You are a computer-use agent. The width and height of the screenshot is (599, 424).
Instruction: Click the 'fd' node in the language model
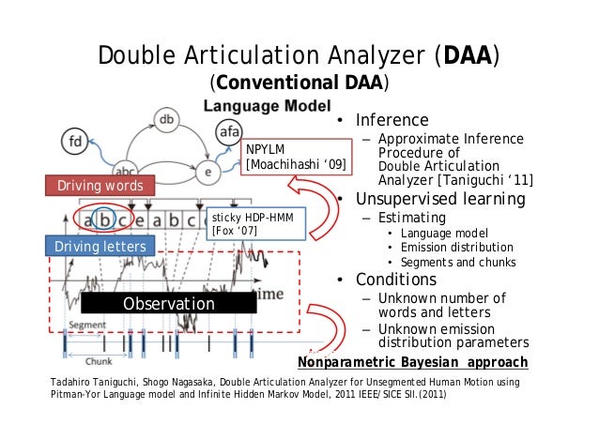click(x=75, y=144)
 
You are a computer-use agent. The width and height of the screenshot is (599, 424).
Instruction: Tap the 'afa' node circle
click(x=229, y=132)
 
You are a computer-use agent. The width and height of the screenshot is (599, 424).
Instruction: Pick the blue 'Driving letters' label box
click(x=100, y=247)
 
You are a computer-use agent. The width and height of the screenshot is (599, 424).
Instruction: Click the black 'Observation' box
click(x=168, y=304)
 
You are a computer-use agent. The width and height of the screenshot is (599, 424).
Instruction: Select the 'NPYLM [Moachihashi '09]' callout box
click(x=298, y=157)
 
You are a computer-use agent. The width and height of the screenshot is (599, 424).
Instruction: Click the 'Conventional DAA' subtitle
click(x=299, y=84)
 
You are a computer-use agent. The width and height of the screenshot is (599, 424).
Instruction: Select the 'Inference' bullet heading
click(x=392, y=120)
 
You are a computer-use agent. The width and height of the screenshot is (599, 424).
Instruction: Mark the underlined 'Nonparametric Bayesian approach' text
click(x=413, y=362)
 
